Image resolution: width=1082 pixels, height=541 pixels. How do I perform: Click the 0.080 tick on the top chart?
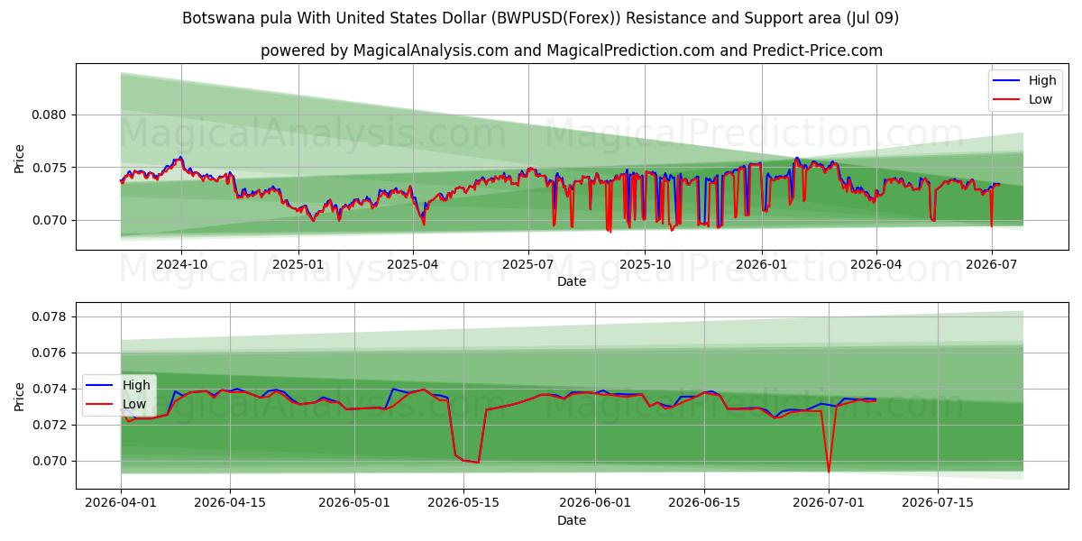(48, 115)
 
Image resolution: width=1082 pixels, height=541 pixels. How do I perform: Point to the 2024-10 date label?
(181, 265)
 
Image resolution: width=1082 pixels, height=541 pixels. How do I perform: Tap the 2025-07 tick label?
(528, 265)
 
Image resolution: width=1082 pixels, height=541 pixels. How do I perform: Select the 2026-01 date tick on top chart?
(761, 265)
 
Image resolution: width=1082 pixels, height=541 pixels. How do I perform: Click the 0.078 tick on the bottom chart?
(48, 316)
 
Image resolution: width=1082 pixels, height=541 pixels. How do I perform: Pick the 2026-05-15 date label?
(463, 502)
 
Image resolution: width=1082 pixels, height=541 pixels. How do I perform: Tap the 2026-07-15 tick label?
(938, 502)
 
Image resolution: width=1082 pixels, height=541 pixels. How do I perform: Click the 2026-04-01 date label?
(121, 502)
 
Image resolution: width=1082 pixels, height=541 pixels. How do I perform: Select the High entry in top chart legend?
(1024, 80)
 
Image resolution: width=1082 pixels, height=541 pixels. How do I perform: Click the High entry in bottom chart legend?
(118, 385)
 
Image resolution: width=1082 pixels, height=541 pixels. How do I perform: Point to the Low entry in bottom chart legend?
(116, 404)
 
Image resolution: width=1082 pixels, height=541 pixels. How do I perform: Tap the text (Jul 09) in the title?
(873, 18)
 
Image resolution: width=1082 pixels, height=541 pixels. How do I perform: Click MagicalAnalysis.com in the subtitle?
(431, 50)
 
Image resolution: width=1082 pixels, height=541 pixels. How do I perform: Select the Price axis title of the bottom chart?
(19, 397)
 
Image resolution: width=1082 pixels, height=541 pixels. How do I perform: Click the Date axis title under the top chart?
(572, 281)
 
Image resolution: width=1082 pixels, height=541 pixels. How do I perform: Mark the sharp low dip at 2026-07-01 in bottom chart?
(829, 472)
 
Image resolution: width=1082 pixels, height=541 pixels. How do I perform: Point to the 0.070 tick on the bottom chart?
(48, 461)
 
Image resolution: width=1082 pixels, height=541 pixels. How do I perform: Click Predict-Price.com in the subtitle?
(817, 50)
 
